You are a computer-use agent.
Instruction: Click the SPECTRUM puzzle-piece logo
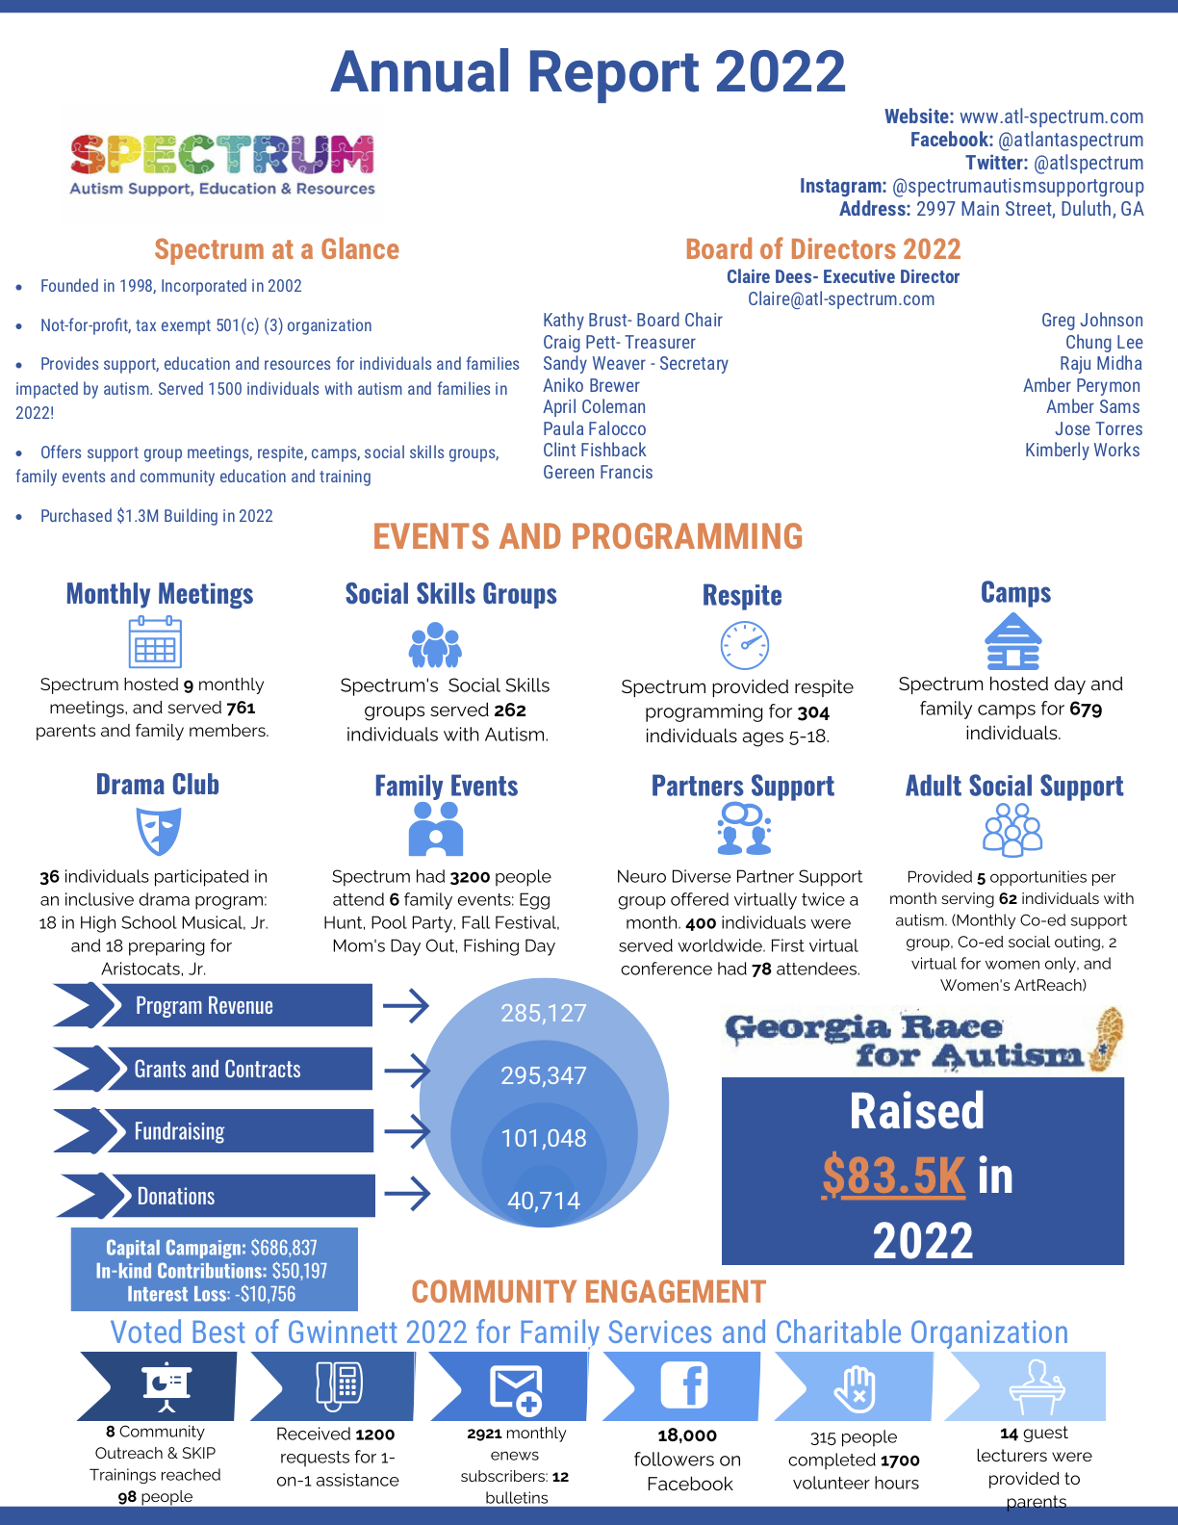pyautogui.click(x=222, y=154)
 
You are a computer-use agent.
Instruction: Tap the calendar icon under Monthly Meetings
pyautogui.click(x=155, y=642)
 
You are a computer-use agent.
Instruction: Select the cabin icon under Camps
pyautogui.click(x=1012, y=642)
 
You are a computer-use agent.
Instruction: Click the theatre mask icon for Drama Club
pyautogui.click(x=159, y=831)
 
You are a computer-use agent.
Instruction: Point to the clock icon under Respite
pyautogui.click(x=744, y=645)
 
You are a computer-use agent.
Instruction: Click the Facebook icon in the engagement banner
pyautogui.click(x=684, y=1385)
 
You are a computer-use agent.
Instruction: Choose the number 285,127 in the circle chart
pyautogui.click(x=543, y=1013)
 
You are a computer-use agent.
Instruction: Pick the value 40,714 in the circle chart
pyautogui.click(x=544, y=1201)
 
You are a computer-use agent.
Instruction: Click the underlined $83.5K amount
pyautogui.click(x=892, y=1176)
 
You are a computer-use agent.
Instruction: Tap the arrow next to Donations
pyautogui.click(x=406, y=1195)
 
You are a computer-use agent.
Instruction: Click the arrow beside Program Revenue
pyautogui.click(x=405, y=1006)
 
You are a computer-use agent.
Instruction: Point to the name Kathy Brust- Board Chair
pyautogui.click(x=632, y=320)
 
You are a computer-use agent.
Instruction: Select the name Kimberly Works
pyautogui.click(x=1082, y=450)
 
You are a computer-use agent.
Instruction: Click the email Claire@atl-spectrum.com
pyautogui.click(x=841, y=298)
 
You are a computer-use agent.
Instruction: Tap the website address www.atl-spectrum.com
pyautogui.click(x=1051, y=116)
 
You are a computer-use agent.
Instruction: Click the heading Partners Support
pyautogui.click(x=742, y=786)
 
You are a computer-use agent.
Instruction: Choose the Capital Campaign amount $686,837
pyautogui.click(x=284, y=1248)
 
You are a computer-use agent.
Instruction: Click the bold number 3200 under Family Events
pyautogui.click(x=470, y=876)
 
